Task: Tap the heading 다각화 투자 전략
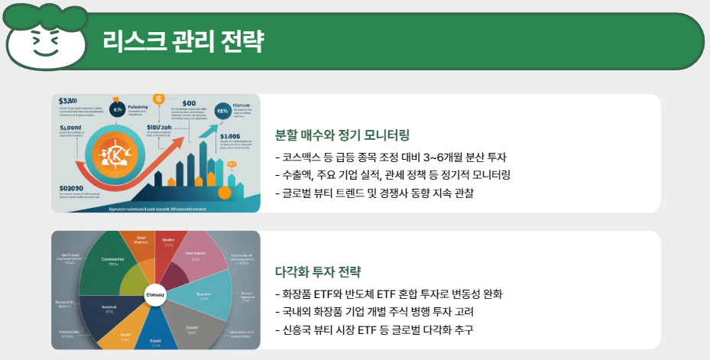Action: [x=317, y=272]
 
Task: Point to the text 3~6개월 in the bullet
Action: [x=444, y=157]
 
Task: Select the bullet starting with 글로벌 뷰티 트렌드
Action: [x=374, y=193]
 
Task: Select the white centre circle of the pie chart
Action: [x=155, y=295]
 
